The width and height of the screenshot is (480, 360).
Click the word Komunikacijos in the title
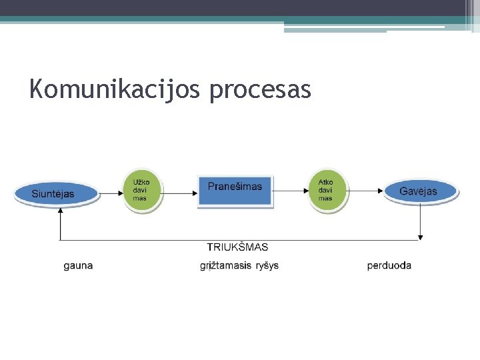[114, 89]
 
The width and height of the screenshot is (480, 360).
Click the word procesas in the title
[259, 89]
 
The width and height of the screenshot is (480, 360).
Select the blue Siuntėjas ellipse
[55, 194]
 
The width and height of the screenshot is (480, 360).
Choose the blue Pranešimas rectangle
[235, 191]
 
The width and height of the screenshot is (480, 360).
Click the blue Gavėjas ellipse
[419, 192]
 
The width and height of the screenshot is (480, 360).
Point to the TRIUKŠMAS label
[237, 247]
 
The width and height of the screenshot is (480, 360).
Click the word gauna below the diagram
[78, 265]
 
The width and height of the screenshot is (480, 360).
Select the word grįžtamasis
[225, 266]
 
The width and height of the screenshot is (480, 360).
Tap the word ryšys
[267, 265]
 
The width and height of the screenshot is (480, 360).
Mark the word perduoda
[389, 265]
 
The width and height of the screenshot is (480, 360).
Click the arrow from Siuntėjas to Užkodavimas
[111, 193]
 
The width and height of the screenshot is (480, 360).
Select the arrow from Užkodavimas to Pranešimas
[179, 193]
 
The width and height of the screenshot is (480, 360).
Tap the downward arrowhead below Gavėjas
[421, 235]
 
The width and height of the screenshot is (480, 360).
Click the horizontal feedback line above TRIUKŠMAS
[240, 240]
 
